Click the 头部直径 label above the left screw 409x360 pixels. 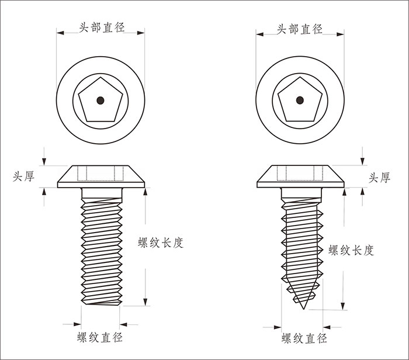coord(102,27)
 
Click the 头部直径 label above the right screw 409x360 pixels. coord(299,29)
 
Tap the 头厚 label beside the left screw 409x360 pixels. coord(23,176)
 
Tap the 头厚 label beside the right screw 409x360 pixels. coord(379,178)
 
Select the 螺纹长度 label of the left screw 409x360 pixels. coord(161,243)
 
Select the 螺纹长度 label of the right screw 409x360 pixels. coord(351,251)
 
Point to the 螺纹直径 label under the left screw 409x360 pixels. coord(100,337)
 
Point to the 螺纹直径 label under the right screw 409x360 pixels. coord(304,338)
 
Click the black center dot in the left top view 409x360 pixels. coord(100,101)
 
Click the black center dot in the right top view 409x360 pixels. coord(300,100)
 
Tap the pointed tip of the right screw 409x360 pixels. coord(303,309)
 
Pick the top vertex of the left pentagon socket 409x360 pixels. coord(100,77)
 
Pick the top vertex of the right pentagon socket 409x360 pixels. coord(300,77)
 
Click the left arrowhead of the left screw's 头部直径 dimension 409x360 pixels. coord(60,33)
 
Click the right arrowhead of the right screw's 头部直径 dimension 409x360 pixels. coord(341,34)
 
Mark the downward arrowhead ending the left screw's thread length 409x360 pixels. coord(145,302)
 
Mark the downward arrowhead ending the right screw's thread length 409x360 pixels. coord(343,306)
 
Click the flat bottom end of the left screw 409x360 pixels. coord(102,304)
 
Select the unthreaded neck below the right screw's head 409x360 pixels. coord(301,193)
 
